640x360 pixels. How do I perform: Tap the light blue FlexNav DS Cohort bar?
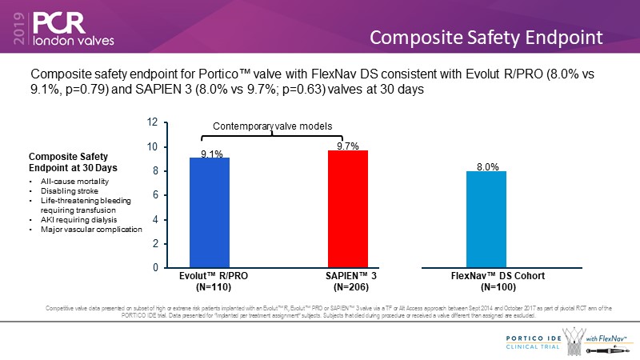[486, 219]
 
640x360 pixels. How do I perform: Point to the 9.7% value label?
[347, 145]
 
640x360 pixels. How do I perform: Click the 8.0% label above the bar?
[487, 166]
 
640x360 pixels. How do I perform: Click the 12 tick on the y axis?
[151, 122]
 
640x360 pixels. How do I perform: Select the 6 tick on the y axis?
[154, 195]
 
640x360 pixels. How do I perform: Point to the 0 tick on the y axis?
[154, 268]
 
